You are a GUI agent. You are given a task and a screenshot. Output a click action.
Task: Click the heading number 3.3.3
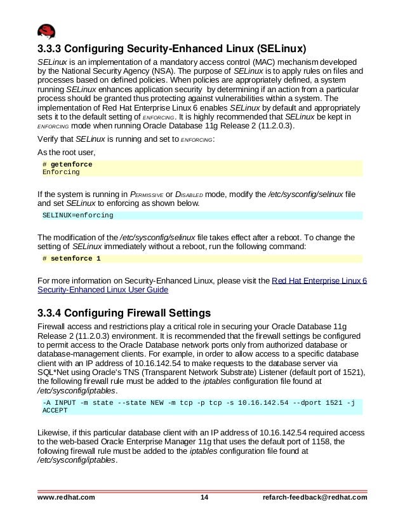pyautogui.click(x=53, y=49)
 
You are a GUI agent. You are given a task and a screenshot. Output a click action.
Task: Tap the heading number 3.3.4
pyautogui.click(x=53, y=312)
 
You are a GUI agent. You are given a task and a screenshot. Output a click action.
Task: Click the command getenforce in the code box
pyautogui.click(x=71, y=165)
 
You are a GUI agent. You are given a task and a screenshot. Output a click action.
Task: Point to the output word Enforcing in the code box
pyautogui.click(x=61, y=172)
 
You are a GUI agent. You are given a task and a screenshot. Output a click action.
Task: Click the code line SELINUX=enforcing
pyautogui.click(x=77, y=215)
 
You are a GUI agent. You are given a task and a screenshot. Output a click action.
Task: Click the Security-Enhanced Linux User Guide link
pyautogui.click(x=103, y=289)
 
